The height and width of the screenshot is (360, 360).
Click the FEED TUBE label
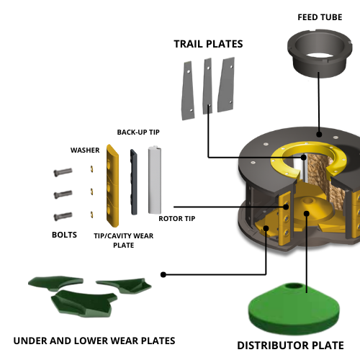click(x=319, y=17)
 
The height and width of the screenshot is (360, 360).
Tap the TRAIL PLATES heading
click(x=208, y=44)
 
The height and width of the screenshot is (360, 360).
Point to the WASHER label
click(x=85, y=150)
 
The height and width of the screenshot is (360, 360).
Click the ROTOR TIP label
click(x=176, y=218)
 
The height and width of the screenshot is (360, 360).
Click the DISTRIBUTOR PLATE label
click(x=290, y=346)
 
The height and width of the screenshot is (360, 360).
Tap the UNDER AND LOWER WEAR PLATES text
click(x=94, y=340)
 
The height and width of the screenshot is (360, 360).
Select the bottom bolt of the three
click(x=63, y=216)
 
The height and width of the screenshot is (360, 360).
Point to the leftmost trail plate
click(x=187, y=90)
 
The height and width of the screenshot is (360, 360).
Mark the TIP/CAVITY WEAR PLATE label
click(x=124, y=240)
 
